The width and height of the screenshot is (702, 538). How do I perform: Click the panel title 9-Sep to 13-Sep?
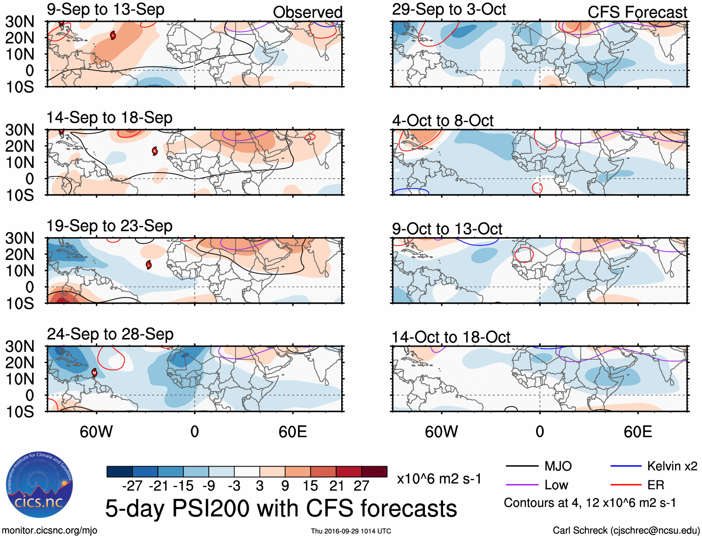tap(106, 10)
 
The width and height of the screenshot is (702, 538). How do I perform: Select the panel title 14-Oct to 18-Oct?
tap(451, 337)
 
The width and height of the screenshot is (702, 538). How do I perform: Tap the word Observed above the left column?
tap(307, 13)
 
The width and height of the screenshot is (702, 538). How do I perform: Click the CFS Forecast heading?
tap(637, 13)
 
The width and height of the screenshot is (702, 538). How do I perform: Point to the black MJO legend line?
tap(522, 466)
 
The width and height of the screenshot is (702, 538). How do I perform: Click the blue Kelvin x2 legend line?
tap(626, 466)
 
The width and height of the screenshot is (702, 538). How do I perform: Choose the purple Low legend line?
tap(522, 485)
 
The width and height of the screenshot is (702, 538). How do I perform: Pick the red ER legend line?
tap(626, 485)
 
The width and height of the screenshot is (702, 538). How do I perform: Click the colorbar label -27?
tap(132, 486)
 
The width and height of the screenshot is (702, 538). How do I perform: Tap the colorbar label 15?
tap(310, 486)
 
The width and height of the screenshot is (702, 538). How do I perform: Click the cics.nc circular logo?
tap(40, 484)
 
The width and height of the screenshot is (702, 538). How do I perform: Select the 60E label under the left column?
tap(292, 432)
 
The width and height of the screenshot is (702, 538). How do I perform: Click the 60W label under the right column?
tap(441, 432)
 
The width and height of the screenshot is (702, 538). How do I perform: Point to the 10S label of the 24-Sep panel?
tap(20, 412)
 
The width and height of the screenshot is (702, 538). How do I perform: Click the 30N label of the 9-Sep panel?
tap(20, 22)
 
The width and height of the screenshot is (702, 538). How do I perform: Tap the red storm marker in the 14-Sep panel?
tap(155, 151)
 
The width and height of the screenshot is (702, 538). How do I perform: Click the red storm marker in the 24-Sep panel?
tap(94, 372)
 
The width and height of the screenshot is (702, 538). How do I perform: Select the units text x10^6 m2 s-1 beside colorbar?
tap(439, 479)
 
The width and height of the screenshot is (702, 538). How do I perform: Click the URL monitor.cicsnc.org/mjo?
tap(50, 531)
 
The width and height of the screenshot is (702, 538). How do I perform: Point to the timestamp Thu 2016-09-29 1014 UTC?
tap(351, 531)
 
